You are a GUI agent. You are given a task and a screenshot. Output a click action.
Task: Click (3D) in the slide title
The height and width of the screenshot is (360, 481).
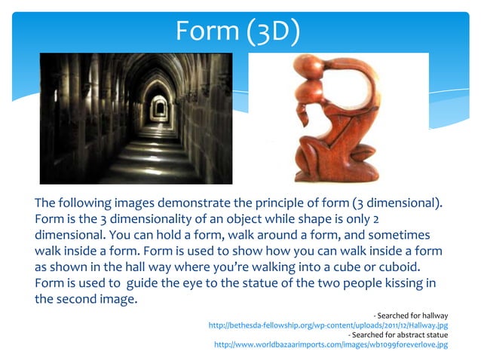click(272, 31)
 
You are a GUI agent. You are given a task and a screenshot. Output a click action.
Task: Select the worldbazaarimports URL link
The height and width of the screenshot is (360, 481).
click(331, 344)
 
